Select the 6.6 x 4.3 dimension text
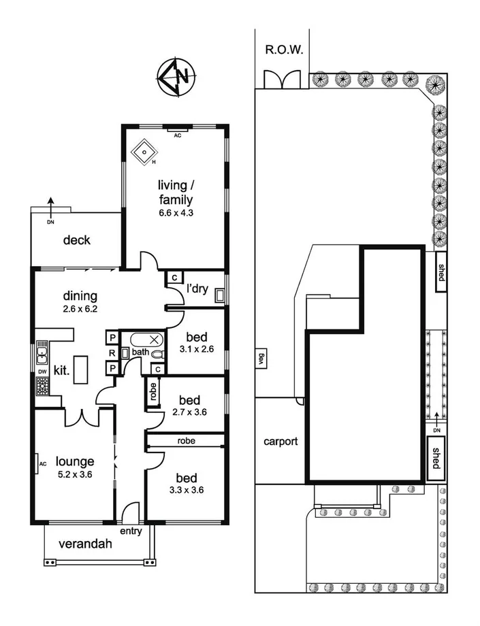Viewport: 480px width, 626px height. coord(176,213)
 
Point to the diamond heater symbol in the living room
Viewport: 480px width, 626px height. coord(144,152)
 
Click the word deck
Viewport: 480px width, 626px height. coord(76,240)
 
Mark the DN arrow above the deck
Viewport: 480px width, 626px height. coord(51,205)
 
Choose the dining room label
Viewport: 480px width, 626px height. coord(81,296)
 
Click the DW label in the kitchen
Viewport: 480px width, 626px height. coord(42,371)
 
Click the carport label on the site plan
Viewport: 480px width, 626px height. coord(281,441)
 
